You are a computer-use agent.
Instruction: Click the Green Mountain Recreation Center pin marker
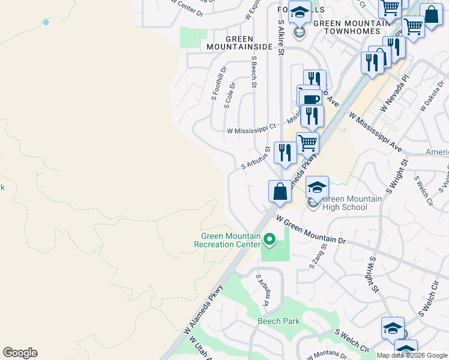click(270, 241)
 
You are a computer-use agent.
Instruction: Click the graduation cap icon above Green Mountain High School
click(317, 187)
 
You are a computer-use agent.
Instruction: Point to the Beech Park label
click(279, 321)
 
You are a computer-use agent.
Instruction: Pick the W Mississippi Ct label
click(251, 128)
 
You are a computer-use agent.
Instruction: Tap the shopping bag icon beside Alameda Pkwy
click(280, 192)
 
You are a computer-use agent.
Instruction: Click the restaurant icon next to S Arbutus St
click(285, 152)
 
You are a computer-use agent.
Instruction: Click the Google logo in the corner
click(20, 353)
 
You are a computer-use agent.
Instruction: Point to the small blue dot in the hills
click(46, 22)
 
